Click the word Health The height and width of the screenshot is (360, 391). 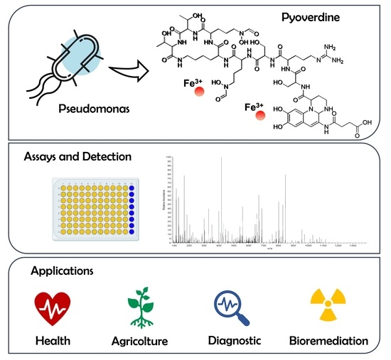[53, 342]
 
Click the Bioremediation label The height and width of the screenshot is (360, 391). [328, 342]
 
